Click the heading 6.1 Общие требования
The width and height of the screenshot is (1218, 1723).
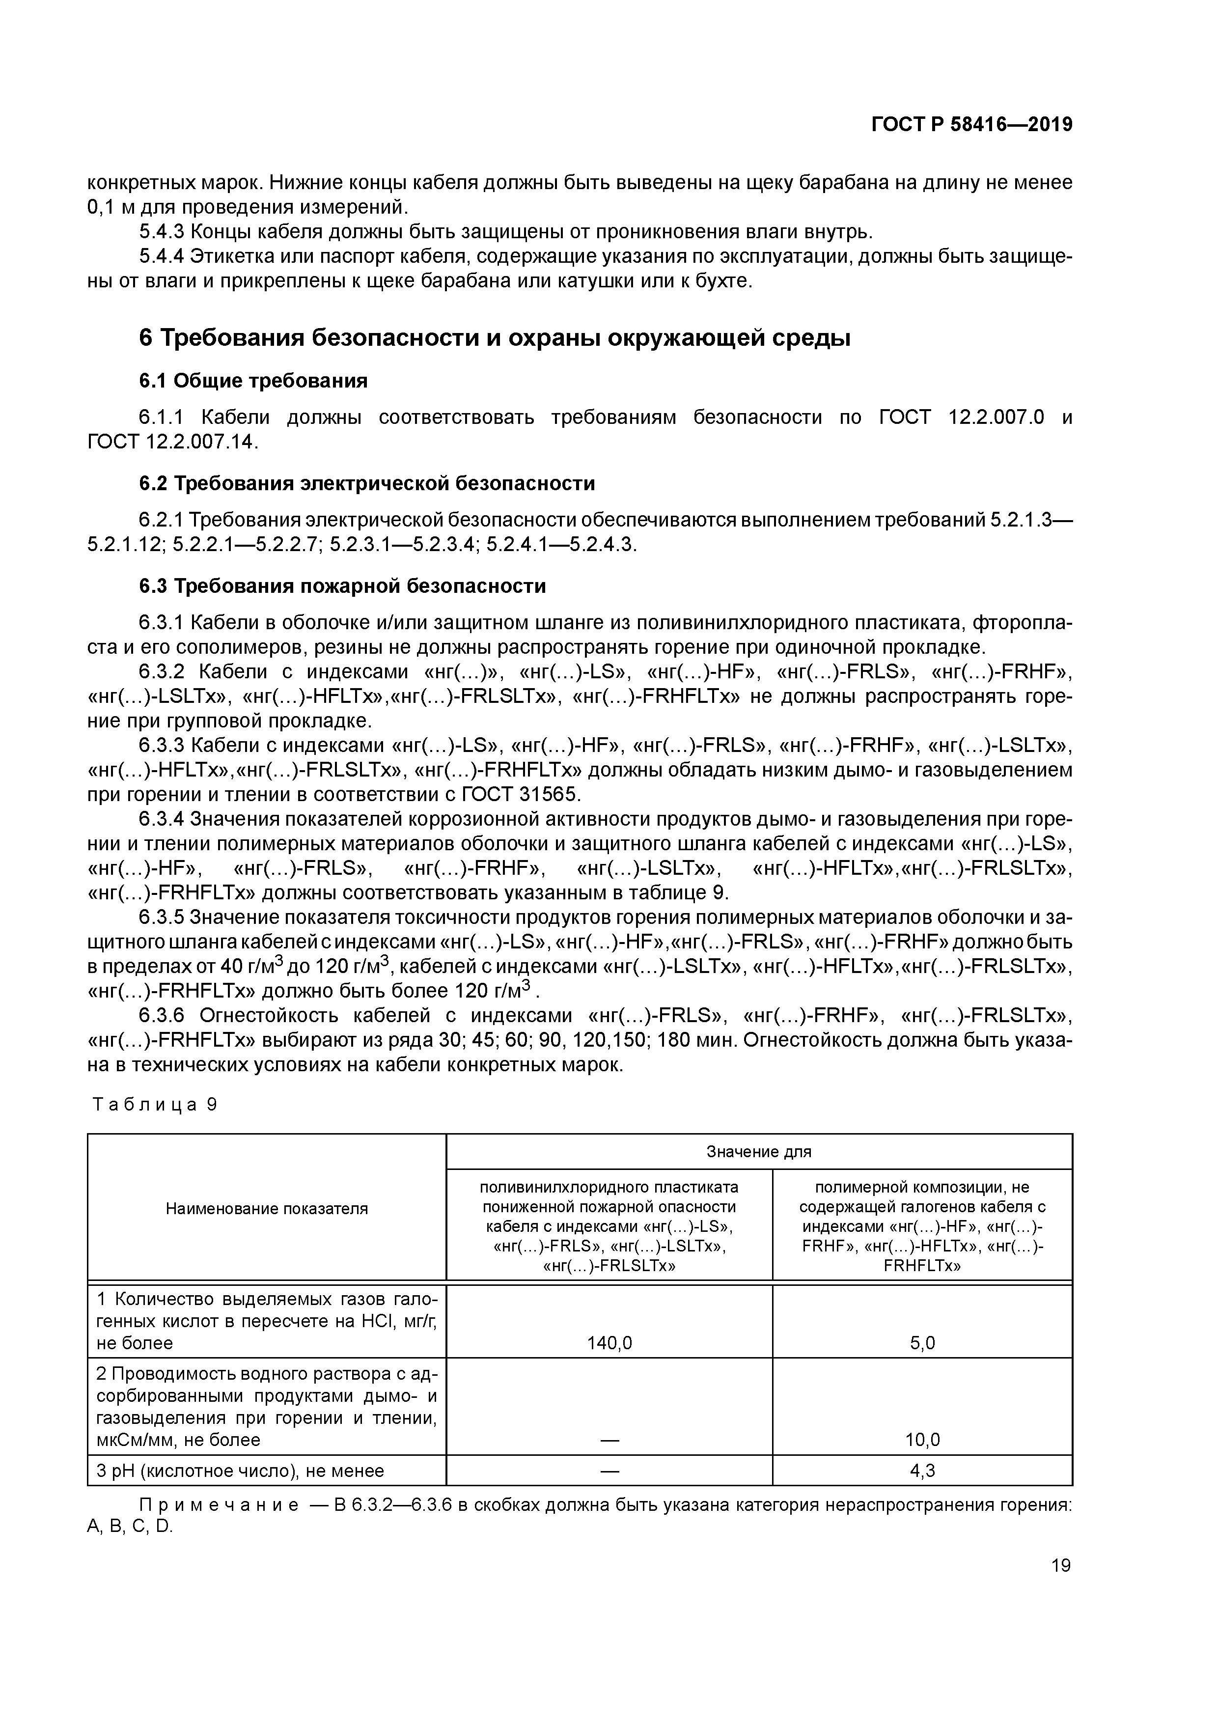click(253, 381)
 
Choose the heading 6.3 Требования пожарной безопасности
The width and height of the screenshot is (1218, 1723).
click(342, 586)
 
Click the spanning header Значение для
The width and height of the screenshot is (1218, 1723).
click(759, 1152)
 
